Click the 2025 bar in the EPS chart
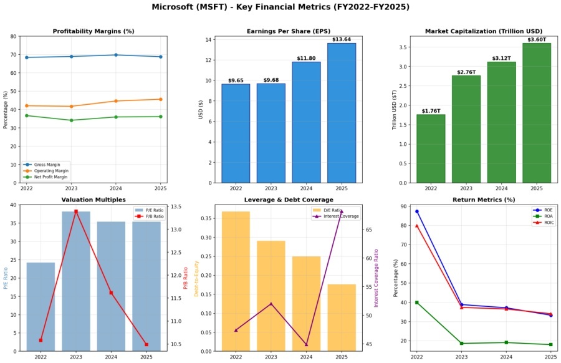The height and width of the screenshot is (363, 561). (x=342, y=113)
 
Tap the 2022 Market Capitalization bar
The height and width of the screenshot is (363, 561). (x=431, y=148)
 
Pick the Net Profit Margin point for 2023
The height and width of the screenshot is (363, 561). (x=71, y=120)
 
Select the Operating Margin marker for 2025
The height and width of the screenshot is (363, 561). (x=160, y=99)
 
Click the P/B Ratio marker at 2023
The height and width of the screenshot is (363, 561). (x=76, y=211)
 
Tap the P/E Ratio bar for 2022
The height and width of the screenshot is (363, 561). (x=41, y=306)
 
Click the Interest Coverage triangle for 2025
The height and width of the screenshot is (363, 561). (x=342, y=211)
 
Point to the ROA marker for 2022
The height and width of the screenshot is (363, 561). (x=417, y=302)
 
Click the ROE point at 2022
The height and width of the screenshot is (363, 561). (x=417, y=211)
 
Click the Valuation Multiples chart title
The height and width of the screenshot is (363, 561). (x=93, y=200)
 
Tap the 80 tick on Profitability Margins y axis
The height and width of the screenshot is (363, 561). (x=14, y=36)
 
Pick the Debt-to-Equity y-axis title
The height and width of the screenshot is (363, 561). (x=197, y=278)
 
